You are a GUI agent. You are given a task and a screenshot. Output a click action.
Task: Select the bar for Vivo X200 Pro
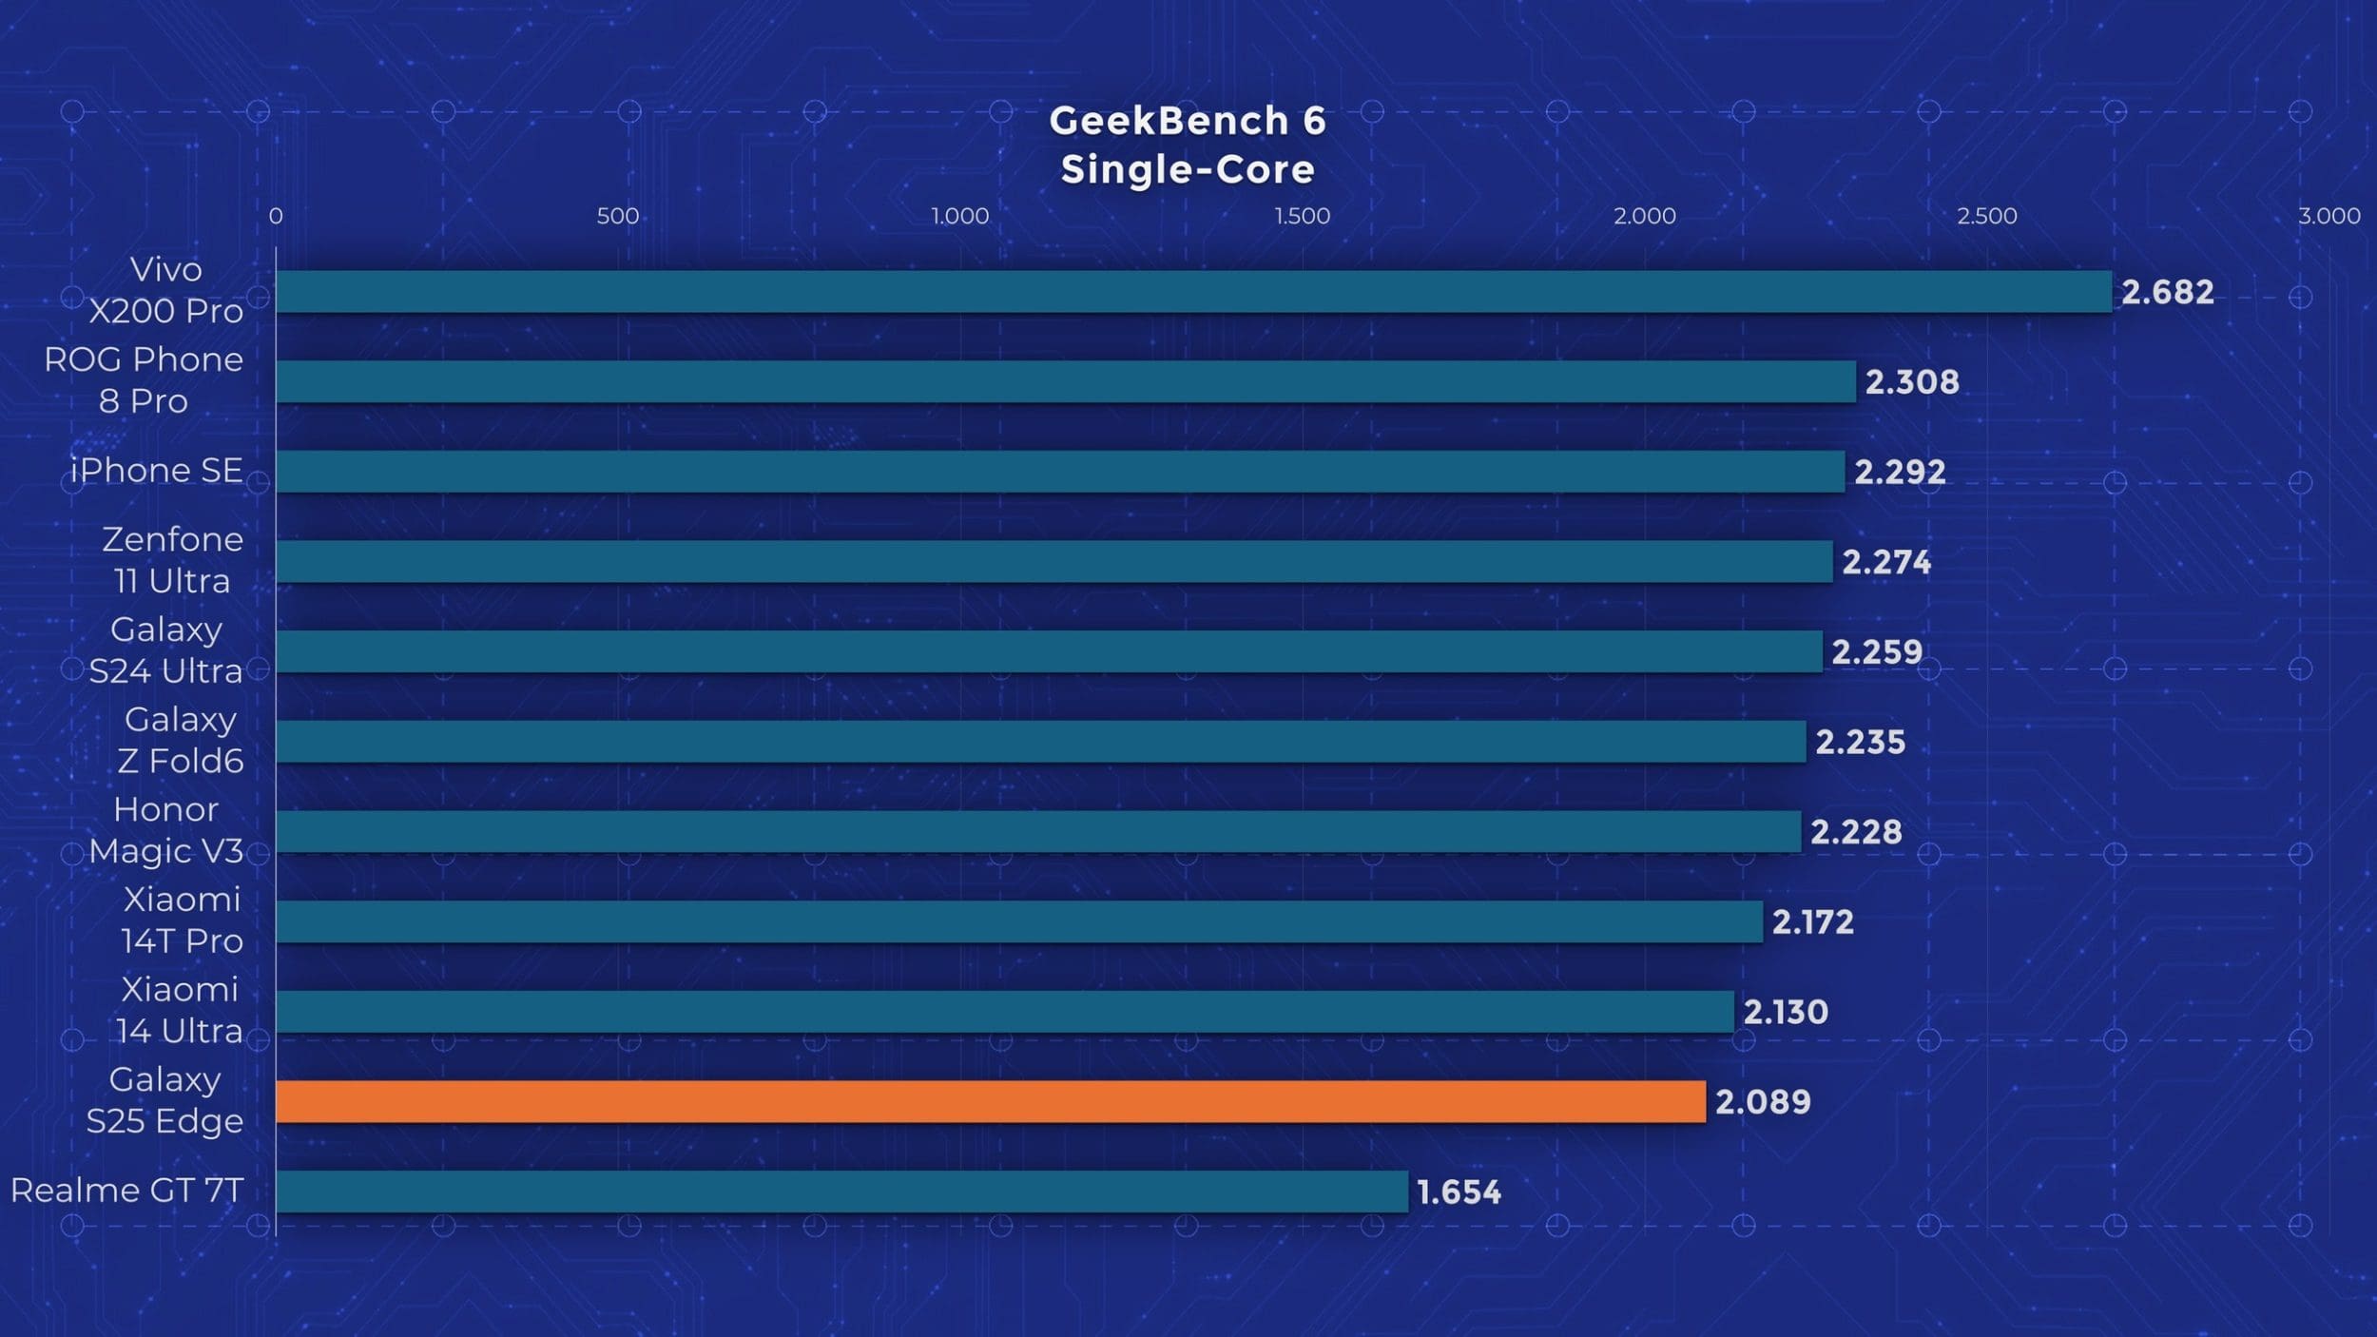(x=1193, y=291)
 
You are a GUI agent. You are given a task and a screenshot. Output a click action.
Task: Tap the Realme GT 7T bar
(x=841, y=1192)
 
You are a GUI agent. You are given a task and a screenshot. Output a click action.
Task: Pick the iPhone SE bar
(x=1060, y=472)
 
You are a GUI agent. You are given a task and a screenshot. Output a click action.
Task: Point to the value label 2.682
(x=2167, y=292)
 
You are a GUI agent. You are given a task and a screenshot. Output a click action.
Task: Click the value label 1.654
(x=1459, y=1192)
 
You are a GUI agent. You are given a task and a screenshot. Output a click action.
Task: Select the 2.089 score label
(x=1763, y=1102)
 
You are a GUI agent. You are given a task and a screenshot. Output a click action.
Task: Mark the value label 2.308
(x=1912, y=382)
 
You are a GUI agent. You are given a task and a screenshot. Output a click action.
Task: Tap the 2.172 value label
(x=1812, y=922)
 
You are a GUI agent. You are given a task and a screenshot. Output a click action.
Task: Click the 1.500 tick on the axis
(x=1302, y=217)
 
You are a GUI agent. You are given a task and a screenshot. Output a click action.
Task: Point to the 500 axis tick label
(x=617, y=217)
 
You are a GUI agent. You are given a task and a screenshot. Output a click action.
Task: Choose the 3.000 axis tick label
(x=2329, y=217)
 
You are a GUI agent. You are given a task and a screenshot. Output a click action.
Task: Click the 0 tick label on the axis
(x=276, y=217)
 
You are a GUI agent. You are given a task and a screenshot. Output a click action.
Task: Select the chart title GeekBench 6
(x=1187, y=121)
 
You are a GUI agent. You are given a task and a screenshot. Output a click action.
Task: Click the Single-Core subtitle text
(x=1188, y=170)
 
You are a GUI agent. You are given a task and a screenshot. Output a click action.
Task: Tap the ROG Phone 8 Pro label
(x=144, y=380)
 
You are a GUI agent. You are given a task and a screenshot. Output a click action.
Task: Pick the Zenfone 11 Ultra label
(x=172, y=560)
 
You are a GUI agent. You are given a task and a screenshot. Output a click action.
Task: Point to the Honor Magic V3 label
(x=165, y=830)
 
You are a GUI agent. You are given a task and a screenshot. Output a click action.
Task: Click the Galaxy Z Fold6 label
(x=180, y=740)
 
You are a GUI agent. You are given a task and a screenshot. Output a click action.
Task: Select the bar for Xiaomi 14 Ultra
(x=1004, y=1012)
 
